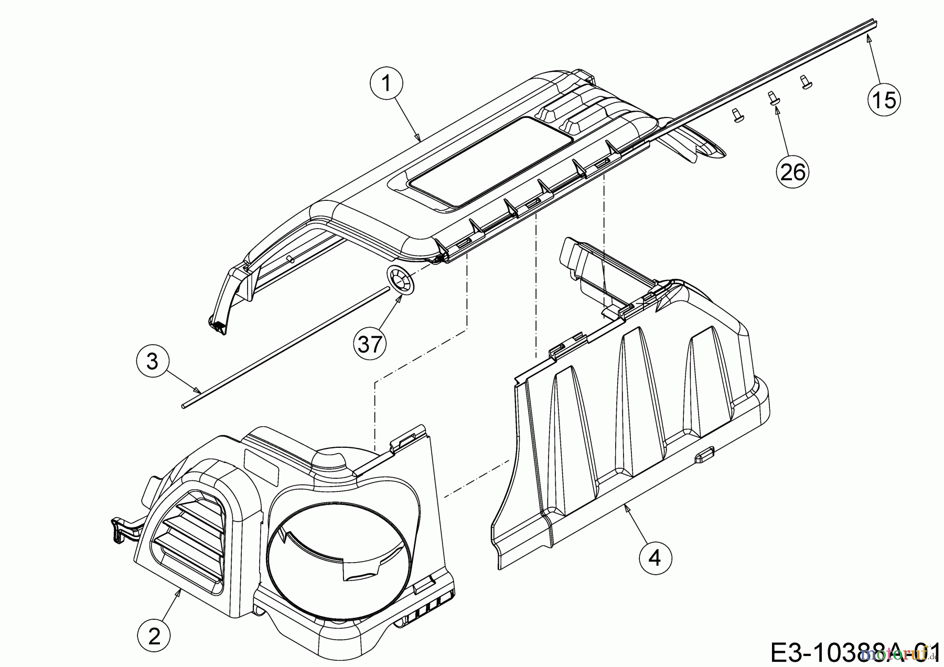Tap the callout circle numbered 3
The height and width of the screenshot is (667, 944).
tap(152, 361)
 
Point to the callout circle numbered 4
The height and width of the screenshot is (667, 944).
tap(655, 558)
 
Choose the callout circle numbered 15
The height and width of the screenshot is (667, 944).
tap(884, 99)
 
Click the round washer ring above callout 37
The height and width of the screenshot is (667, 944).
tap(401, 281)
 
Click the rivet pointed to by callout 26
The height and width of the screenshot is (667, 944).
tap(773, 99)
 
